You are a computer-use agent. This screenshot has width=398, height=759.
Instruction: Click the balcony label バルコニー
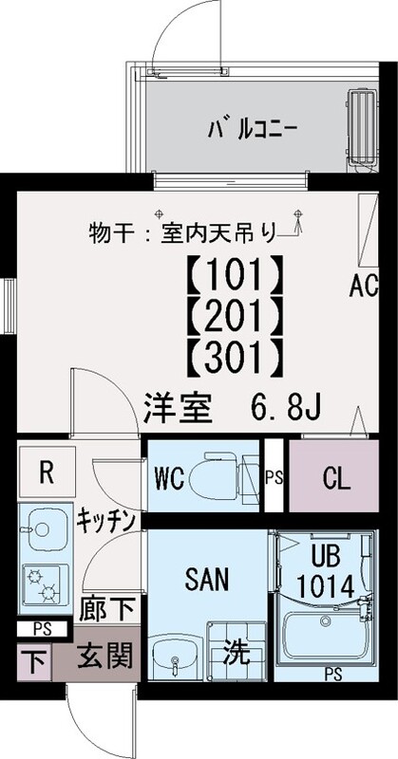click(253, 129)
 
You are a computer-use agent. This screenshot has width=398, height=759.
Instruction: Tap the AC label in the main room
click(364, 287)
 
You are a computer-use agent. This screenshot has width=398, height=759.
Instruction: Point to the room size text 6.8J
click(286, 409)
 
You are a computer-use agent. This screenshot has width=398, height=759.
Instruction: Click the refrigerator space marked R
click(47, 472)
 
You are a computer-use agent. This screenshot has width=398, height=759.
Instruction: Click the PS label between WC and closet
click(274, 477)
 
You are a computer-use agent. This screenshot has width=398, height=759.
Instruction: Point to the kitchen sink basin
click(47, 529)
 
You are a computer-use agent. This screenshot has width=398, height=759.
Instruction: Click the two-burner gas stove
click(42, 584)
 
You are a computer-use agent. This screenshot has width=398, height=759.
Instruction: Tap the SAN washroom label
click(207, 579)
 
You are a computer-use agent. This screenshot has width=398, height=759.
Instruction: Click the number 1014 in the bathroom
click(326, 587)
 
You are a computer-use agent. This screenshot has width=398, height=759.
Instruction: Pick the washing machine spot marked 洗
click(237, 654)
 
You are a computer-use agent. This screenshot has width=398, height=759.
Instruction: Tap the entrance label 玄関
click(105, 657)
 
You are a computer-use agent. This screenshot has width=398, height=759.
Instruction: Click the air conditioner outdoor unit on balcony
click(362, 128)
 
